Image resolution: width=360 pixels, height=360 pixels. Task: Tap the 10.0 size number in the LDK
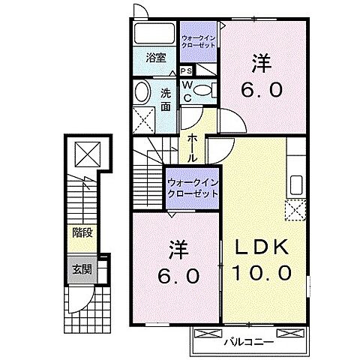tap(263, 274)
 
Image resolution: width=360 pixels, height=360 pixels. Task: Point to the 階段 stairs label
tap(82, 232)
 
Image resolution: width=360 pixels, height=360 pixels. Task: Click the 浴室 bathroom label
tap(155, 57)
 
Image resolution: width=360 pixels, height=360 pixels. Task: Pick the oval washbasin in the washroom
tap(141, 92)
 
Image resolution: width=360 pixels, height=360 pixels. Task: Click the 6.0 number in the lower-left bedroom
tap(178, 276)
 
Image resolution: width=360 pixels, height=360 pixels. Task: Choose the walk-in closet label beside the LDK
tap(193, 187)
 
